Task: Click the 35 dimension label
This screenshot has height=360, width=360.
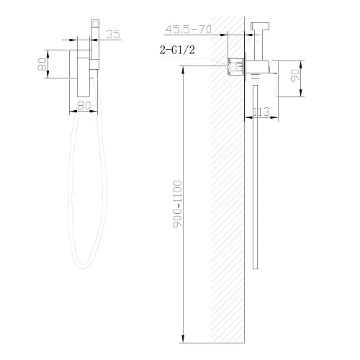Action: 112,33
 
